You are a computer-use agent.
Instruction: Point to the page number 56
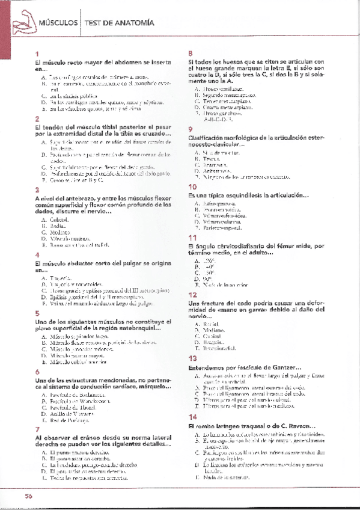pyautogui.click(x=28, y=496)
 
